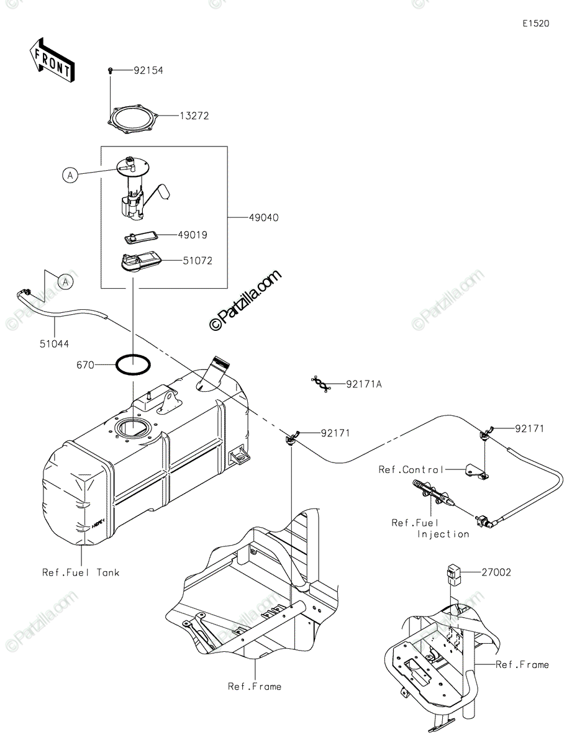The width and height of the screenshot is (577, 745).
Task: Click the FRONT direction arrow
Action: tap(52, 61)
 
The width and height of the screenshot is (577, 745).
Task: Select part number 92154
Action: tap(148, 71)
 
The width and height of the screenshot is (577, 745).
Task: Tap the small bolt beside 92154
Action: tap(110, 71)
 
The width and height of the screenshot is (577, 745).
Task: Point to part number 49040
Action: tap(263, 217)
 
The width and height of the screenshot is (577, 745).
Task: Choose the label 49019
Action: tap(193, 235)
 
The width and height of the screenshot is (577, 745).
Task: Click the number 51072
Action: tap(198, 261)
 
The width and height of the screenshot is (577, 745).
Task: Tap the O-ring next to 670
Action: tap(133, 366)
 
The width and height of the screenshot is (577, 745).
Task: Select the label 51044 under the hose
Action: tap(54, 344)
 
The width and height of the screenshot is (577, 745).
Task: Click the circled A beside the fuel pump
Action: tap(70, 175)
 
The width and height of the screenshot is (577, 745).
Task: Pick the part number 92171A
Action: tap(364, 384)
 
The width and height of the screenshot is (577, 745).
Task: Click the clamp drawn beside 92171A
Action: tap(321, 384)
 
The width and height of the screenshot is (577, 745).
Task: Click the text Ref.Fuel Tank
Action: tap(81, 572)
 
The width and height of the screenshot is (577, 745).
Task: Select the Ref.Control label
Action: tap(411, 469)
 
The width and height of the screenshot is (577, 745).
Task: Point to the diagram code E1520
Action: tap(536, 24)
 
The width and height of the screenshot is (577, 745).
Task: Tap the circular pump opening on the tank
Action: tap(133, 428)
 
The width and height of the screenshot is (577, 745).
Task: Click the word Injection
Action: tap(443, 534)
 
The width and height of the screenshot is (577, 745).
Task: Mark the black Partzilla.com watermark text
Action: tap(245, 300)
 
